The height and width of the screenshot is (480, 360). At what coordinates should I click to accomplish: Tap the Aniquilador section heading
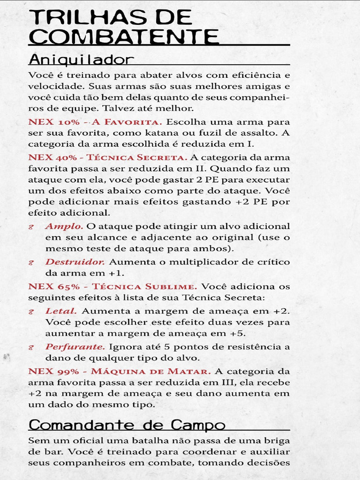[81, 60]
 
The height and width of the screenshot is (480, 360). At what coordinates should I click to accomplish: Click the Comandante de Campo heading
[127, 425]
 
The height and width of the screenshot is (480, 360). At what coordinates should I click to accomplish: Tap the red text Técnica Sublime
[144, 286]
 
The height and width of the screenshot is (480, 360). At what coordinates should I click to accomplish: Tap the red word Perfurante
[75, 347]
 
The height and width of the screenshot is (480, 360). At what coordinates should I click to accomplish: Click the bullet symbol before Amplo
[31, 227]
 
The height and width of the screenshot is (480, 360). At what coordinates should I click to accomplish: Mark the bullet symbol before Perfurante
[31, 348]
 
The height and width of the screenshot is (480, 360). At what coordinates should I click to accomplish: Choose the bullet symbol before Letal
[31, 312]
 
